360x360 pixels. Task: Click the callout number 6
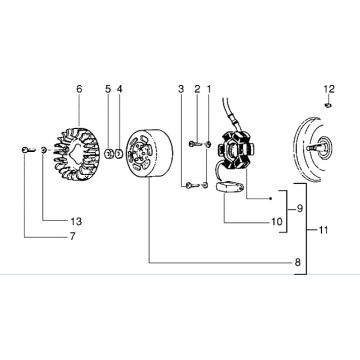click(x=78, y=89)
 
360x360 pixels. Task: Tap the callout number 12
click(x=327, y=89)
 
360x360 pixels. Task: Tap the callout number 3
click(x=181, y=89)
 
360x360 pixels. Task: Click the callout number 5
click(x=107, y=89)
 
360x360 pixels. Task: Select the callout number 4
click(x=119, y=89)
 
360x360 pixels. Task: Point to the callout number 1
click(x=209, y=89)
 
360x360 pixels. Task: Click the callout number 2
click(x=197, y=89)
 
